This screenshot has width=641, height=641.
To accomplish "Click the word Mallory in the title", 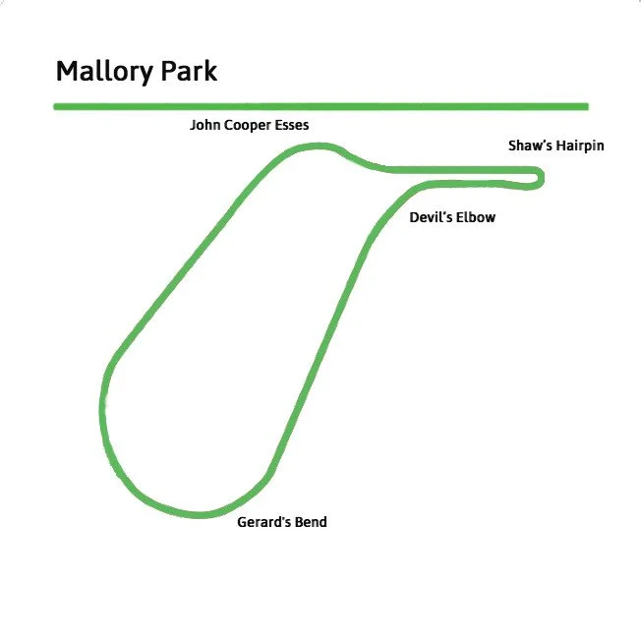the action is point(104,73).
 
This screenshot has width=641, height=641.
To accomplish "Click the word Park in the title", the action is point(189,71).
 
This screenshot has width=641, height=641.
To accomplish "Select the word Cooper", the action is point(248,126).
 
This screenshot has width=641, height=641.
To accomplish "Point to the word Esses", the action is point(291,125).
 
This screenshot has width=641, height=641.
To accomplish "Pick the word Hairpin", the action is point(580,146).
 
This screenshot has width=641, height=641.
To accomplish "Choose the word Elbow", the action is point(476,217).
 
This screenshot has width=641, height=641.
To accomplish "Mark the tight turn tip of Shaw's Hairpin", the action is point(542,178).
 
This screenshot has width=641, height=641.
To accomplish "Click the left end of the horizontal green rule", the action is point(55,107).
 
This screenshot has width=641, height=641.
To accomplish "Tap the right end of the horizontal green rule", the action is point(588,107).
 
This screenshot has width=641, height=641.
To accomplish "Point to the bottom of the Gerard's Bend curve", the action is point(201,515).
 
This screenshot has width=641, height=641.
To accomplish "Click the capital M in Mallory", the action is point(68,72).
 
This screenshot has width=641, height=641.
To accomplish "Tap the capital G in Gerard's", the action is point(242,522).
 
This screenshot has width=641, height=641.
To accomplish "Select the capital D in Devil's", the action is point(414,217).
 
